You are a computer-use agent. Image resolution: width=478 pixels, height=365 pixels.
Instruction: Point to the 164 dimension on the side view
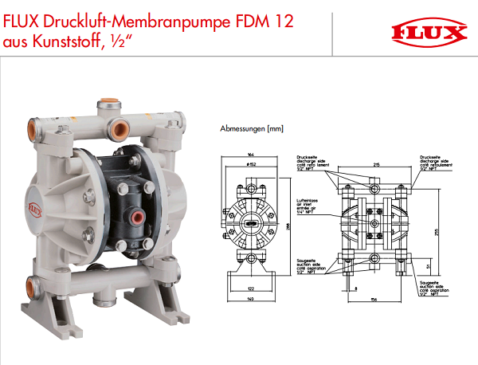pyautogui.click(x=251, y=155)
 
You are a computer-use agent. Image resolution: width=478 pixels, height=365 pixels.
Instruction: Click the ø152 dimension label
pyautogui.click(x=250, y=164)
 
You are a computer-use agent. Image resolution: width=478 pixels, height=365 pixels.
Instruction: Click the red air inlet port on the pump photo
pyautogui.click(x=137, y=218)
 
